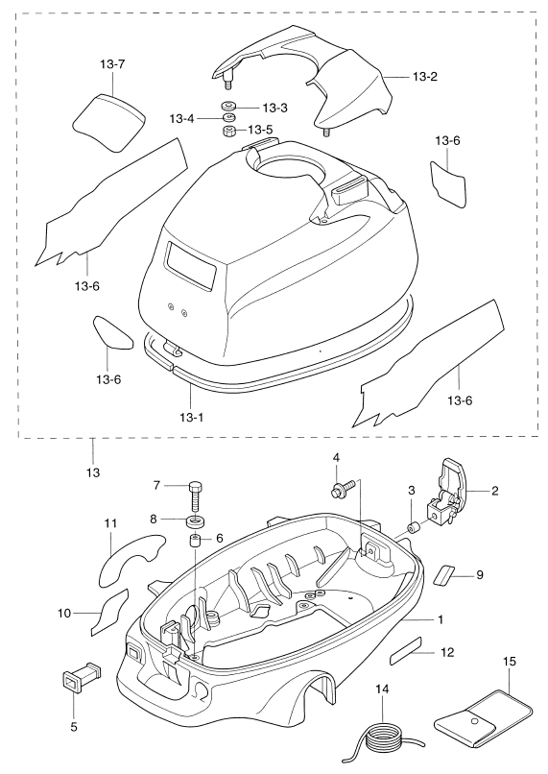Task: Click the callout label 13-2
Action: (425, 77)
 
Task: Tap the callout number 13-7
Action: (112, 64)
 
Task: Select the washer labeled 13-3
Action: (228, 107)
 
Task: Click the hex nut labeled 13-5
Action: (228, 132)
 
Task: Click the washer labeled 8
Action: (196, 520)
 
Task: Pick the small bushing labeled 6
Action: (195, 541)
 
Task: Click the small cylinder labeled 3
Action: (413, 527)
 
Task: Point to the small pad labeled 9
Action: (445, 574)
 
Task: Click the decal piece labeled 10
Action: (109, 611)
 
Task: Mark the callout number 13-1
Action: (191, 418)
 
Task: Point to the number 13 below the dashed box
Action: (93, 472)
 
